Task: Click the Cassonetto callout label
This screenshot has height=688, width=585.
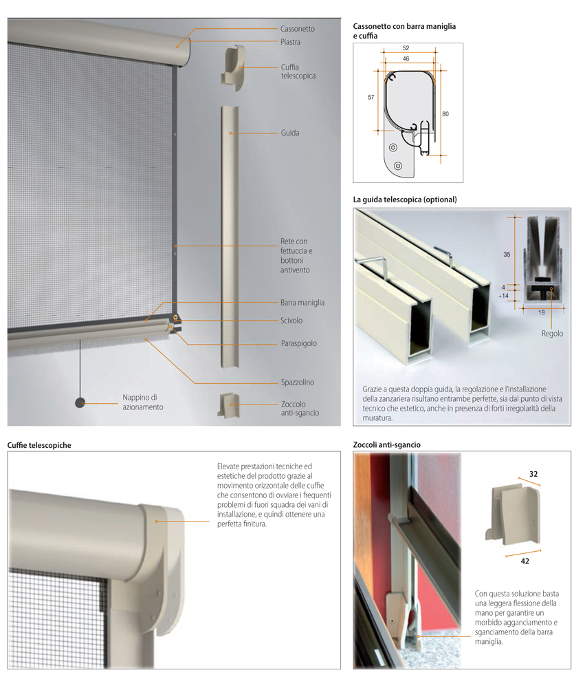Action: [298, 29]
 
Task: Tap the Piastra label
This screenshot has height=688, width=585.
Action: [290, 42]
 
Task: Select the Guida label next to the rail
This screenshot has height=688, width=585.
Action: [290, 133]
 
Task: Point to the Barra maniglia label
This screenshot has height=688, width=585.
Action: [302, 303]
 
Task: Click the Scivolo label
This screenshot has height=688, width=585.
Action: [291, 321]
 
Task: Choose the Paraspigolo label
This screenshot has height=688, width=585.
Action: [298, 343]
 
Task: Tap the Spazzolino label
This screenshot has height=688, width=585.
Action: [298, 383]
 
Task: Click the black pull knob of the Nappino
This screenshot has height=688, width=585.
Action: [80, 402]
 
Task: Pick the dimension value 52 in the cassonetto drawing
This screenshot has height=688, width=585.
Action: [406, 48]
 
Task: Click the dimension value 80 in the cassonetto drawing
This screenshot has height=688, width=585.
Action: [445, 114]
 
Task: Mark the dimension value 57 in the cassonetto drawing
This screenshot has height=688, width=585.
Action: [371, 98]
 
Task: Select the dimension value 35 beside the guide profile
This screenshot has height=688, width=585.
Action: [507, 255]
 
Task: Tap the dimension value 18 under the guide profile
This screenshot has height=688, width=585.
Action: [542, 313]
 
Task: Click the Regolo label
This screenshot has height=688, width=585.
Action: [552, 334]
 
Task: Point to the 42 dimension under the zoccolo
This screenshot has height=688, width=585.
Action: [525, 561]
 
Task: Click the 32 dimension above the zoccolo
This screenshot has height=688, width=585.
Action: [533, 474]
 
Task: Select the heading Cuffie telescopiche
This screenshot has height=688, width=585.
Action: [39, 445]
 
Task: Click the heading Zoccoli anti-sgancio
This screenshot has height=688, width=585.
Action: [387, 445]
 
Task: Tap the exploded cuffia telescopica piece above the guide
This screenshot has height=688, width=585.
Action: [233, 67]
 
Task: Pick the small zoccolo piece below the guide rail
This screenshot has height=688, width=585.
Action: [230, 405]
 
